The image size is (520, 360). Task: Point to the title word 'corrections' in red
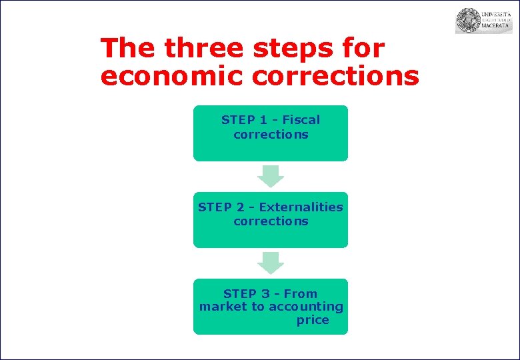click(x=336, y=76)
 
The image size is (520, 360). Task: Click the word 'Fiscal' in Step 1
click(x=301, y=120)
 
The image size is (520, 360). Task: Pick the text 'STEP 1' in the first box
click(x=243, y=120)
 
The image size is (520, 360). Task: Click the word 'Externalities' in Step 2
click(x=301, y=207)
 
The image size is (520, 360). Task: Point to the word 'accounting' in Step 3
click(x=305, y=307)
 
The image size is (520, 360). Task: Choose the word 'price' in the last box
click(x=313, y=321)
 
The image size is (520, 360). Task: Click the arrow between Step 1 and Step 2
click(x=271, y=176)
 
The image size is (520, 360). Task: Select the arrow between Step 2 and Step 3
click(x=271, y=263)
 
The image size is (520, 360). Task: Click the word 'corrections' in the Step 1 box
click(x=271, y=134)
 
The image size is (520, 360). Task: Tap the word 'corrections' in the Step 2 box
click(x=271, y=221)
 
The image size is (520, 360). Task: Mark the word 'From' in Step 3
click(x=301, y=293)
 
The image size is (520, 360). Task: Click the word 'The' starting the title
click(x=128, y=49)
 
